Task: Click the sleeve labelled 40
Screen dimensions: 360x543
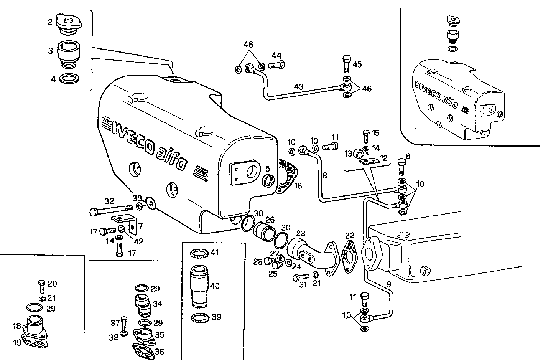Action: click(x=199, y=286)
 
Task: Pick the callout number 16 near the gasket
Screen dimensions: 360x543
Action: click(x=298, y=186)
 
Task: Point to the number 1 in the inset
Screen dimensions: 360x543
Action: click(x=415, y=130)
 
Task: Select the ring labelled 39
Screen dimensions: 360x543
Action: click(x=200, y=318)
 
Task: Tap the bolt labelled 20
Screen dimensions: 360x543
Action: click(x=42, y=286)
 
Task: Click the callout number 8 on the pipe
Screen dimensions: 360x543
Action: click(x=325, y=176)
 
